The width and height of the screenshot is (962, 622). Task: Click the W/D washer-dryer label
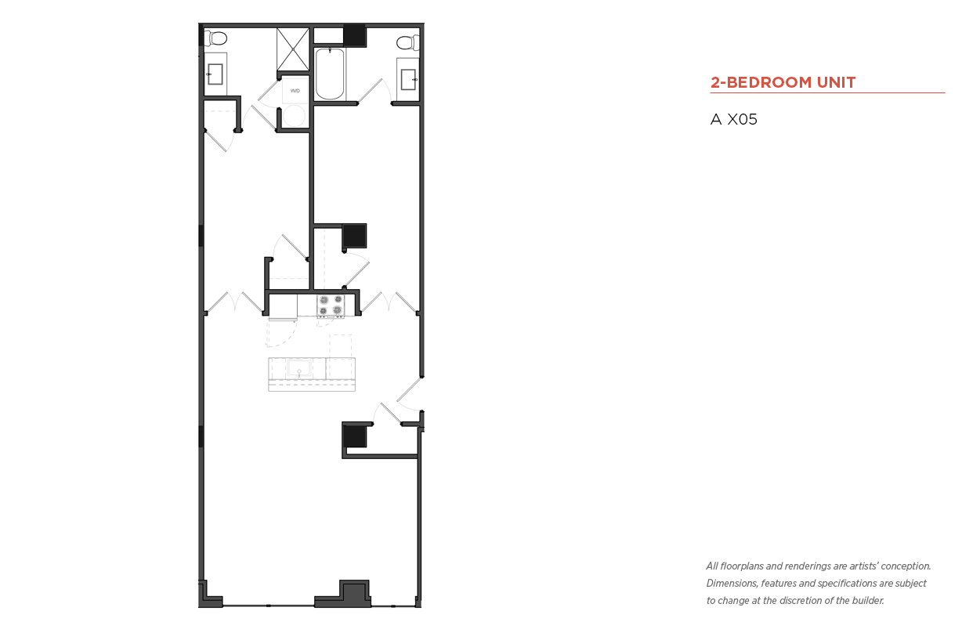295,91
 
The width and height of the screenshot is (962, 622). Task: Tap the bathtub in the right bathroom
330,74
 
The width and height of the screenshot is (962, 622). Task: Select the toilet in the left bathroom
215,38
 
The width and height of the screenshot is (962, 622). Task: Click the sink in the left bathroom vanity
215,74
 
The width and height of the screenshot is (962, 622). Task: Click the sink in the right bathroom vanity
408,79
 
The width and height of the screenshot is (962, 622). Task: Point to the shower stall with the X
293,49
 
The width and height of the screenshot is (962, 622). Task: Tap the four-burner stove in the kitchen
331,306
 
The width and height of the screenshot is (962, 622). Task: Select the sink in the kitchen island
299,369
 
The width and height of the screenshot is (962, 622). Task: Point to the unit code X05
742,119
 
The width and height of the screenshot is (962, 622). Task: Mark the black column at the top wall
355,35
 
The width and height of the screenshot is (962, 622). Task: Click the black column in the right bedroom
355,236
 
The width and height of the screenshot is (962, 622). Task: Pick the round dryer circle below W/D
295,116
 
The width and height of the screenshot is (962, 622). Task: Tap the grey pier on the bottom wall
354,594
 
